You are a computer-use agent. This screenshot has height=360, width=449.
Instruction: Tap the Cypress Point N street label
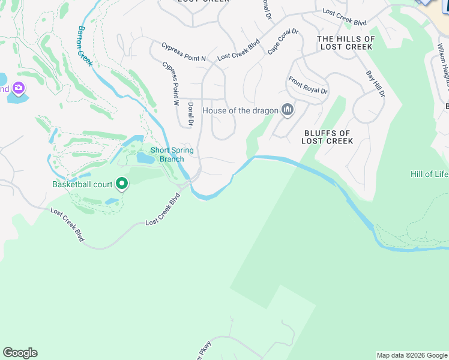(x=183, y=51)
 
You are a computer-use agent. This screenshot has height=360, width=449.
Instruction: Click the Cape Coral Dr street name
(x=283, y=41)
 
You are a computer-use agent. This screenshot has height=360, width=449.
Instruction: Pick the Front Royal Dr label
(x=308, y=85)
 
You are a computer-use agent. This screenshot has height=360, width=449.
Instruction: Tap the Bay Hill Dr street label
(x=376, y=84)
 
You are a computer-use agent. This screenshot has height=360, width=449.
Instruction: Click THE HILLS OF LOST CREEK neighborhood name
(x=346, y=43)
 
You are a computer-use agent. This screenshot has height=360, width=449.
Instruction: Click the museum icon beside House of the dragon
(x=288, y=110)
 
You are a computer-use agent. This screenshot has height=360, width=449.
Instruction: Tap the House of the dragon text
(x=241, y=110)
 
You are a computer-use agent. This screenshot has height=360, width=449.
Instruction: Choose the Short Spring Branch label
(x=172, y=154)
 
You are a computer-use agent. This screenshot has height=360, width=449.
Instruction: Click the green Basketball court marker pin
(x=122, y=184)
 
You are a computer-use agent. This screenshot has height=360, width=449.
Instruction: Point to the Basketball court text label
(x=82, y=184)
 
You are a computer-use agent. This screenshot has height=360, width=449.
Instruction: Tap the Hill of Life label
(x=429, y=174)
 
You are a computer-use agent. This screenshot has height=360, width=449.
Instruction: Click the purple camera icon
(x=19, y=89)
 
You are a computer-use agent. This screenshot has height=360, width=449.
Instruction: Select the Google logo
(x=20, y=353)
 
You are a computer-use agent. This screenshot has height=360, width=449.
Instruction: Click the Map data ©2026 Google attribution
(x=412, y=355)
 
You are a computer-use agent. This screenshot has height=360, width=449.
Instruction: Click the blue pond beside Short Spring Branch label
(x=145, y=158)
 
